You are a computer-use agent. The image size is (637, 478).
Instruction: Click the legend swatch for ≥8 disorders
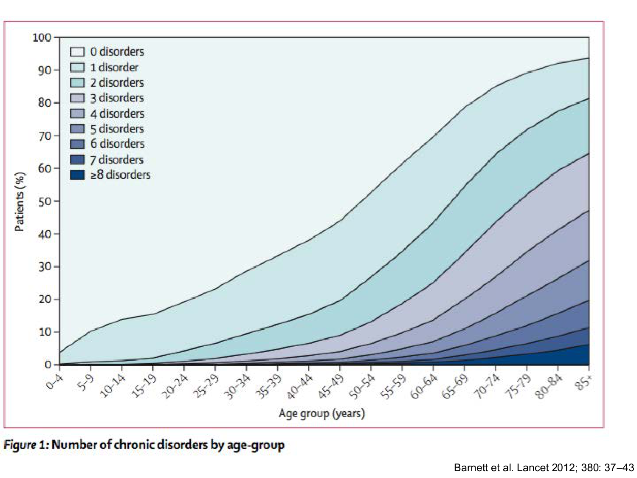(x=77, y=175)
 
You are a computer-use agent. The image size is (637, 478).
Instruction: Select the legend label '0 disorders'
(x=117, y=52)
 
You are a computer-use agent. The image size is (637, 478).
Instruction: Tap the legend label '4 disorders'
(x=117, y=113)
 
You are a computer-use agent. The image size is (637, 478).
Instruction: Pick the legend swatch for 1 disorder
(x=77, y=67)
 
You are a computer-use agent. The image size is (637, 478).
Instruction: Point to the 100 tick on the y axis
(x=42, y=38)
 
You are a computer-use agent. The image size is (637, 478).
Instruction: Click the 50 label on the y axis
(x=45, y=201)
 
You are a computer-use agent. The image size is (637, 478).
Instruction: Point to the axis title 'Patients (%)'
(x=20, y=202)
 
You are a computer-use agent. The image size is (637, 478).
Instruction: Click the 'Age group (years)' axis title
(x=321, y=413)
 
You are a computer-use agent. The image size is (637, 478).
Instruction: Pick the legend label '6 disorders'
(x=117, y=144)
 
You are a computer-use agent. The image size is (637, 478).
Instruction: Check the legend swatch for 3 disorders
(x=77, y=98)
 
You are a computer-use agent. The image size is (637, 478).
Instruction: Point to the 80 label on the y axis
(x=45, y=103)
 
